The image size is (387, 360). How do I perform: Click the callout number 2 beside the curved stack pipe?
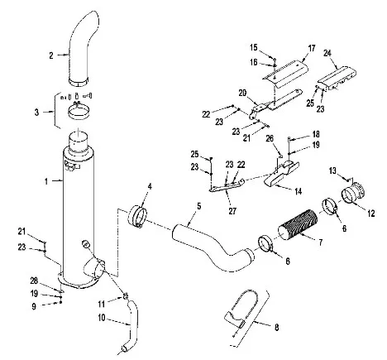point(51,55)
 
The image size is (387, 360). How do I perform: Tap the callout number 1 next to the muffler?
point(47,181)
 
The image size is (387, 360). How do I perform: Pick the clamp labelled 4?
point(137,217)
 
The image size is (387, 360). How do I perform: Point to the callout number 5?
point(199,206)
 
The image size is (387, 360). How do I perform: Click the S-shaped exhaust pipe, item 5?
point(213,248)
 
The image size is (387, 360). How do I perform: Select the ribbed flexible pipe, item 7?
point(298,222)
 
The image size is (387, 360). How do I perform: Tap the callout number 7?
point(320,242)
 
